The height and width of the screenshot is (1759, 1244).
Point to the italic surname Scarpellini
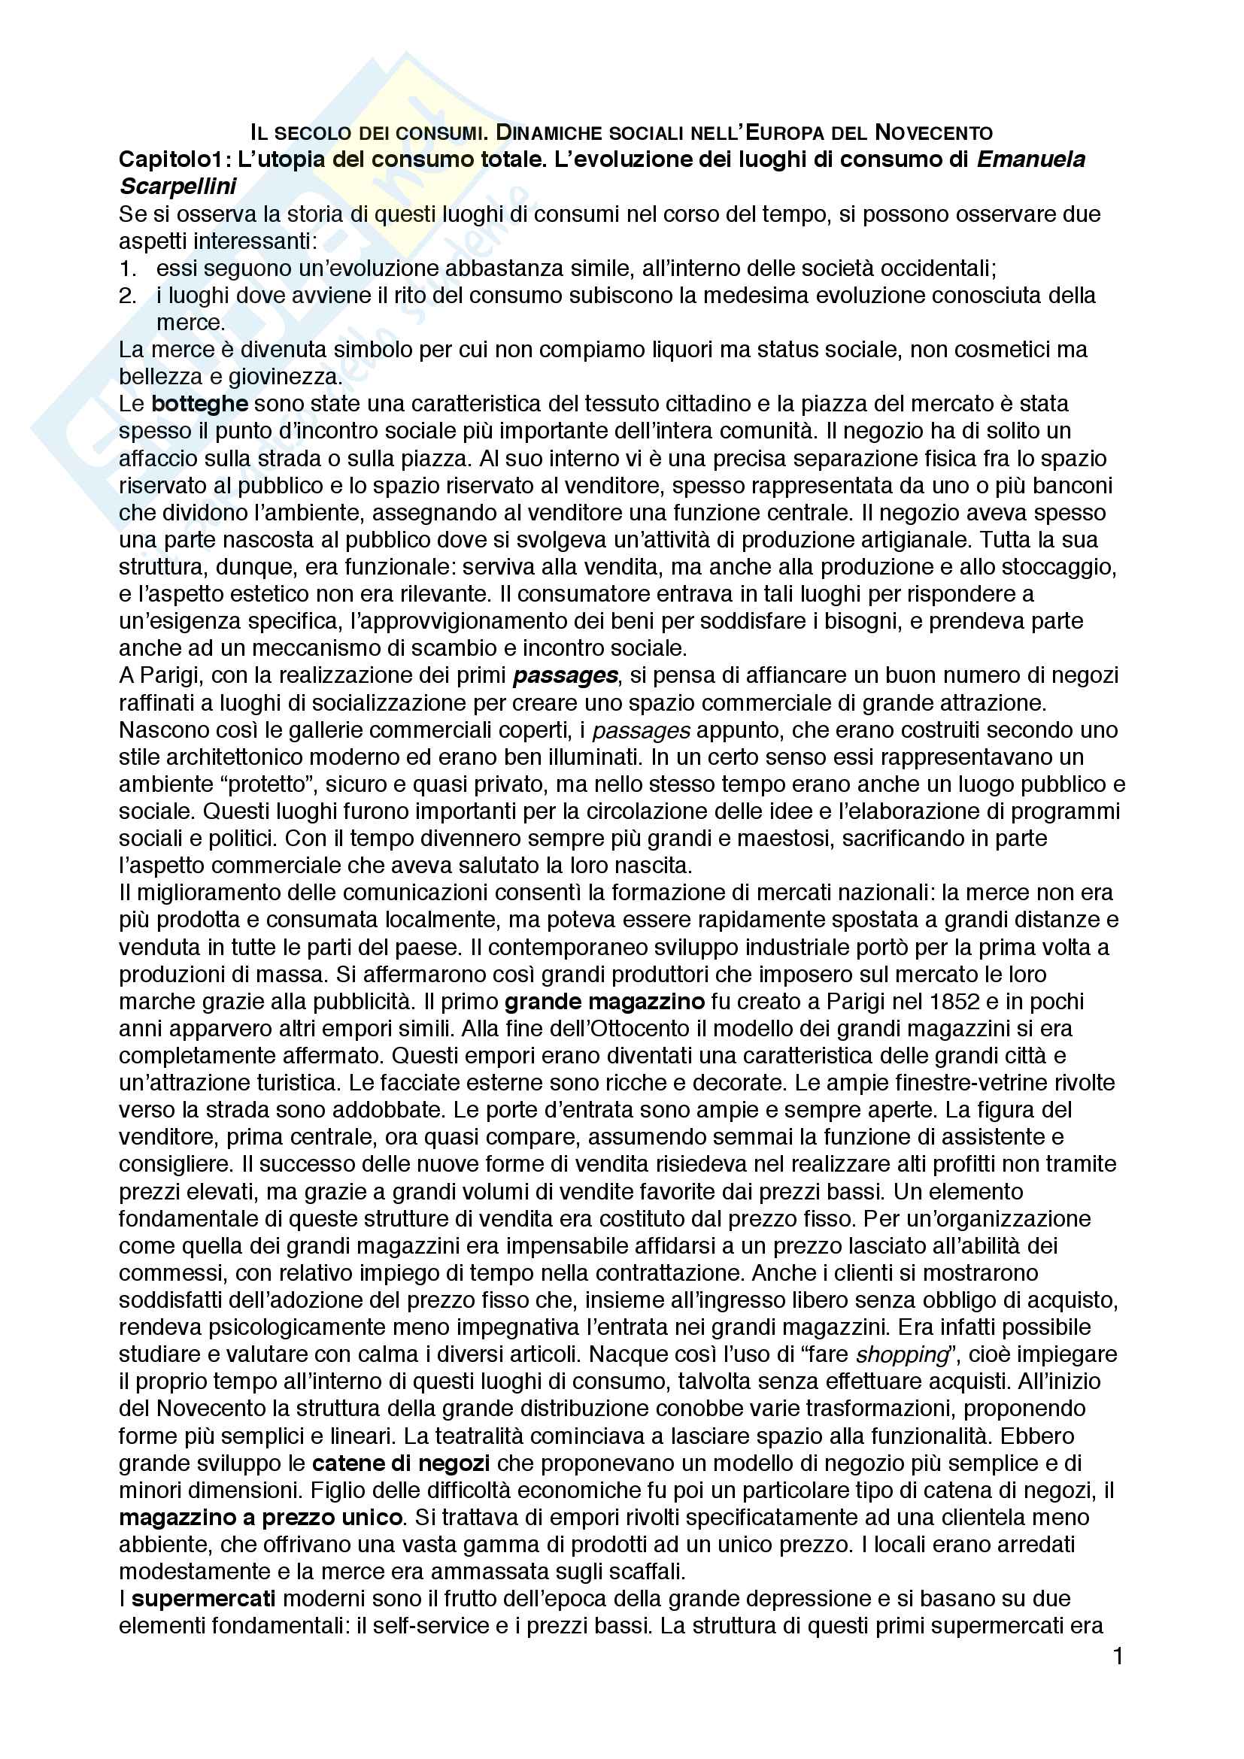[178, 187]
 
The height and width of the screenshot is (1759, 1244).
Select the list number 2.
[128, 296]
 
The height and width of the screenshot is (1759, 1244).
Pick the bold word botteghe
[200, 404]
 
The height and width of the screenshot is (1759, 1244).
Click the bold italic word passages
[566, 676]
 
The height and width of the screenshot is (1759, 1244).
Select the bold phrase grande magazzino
[605, 1001]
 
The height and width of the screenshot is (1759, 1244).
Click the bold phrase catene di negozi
[401, 1463]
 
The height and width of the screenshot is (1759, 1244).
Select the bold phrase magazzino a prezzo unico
[260, 1518]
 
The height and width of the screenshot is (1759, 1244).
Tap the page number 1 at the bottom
[1118, 1656]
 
